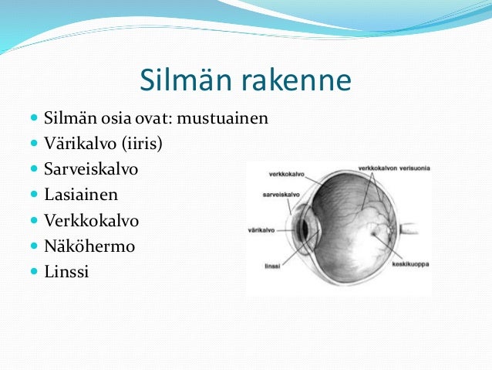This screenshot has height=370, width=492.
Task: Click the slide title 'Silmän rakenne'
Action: pos(245,80)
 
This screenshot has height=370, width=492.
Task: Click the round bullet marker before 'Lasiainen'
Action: pos(35,195)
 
